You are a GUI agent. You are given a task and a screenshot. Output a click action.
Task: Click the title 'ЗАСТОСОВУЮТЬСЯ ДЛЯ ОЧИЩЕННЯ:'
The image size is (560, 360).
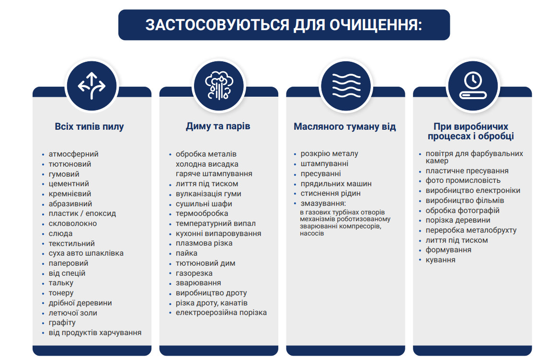pos(284,25)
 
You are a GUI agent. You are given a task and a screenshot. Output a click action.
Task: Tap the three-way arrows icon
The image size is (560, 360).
pos(92,86)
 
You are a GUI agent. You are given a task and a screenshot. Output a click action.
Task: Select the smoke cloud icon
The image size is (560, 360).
pos(219,86)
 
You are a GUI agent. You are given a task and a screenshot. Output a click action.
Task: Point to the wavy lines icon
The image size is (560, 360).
pos(346,86)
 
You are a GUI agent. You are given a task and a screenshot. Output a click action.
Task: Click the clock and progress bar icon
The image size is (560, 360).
pos(473,86)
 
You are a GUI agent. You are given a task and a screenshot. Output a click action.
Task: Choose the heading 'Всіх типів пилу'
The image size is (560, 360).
pos(89,127)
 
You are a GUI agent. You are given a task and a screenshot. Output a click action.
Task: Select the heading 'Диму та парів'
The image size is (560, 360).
pos(218,126)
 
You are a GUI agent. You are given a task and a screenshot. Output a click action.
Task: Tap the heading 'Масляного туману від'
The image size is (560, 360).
pos(344,127)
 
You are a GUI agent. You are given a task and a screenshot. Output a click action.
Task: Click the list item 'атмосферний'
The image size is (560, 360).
pos(74,154)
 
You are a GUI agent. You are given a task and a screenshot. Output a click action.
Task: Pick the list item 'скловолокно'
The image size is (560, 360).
pos(73,224)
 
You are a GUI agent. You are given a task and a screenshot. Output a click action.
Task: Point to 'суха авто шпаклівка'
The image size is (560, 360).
pos(86,253)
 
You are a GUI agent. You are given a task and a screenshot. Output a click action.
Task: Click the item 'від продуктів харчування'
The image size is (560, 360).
pos(95,333)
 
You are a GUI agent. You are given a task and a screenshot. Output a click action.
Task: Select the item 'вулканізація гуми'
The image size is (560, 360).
pos(208,194)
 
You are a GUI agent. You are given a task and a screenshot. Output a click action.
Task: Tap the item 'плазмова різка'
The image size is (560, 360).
pos(204,243)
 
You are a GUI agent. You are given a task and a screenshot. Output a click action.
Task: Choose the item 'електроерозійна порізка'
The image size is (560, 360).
pos(221,313)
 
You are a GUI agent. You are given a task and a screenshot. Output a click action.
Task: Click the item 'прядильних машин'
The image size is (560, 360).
pos(336,184)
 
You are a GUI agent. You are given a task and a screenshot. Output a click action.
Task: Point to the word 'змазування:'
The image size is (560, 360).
pos(323,203)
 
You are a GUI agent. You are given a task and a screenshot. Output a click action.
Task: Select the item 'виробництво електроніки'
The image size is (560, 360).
pos(473,191)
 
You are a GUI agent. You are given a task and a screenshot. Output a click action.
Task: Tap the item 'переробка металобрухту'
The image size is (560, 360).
pos(471,230)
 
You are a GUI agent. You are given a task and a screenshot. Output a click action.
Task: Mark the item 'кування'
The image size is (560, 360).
pos(440,260)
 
